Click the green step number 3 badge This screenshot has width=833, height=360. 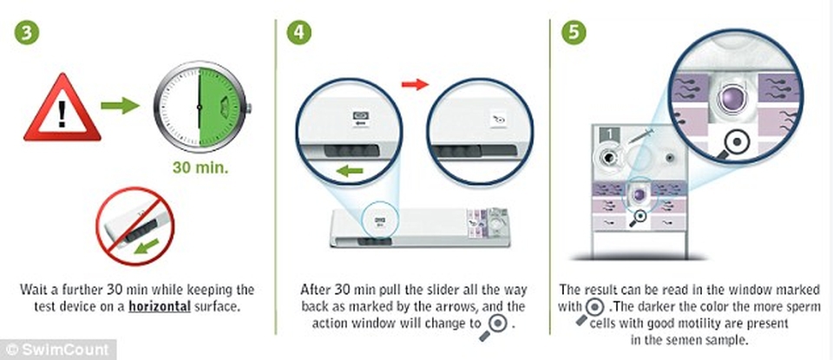27,32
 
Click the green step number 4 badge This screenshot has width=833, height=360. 299,32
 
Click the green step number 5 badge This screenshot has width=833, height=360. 574,32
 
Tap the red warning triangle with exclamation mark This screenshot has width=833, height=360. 62,108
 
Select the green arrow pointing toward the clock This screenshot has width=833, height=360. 120,105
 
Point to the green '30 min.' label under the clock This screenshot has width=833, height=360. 200,168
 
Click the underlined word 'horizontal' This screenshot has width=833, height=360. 160,307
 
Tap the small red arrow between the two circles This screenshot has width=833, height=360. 415,84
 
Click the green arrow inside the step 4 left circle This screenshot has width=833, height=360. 350,171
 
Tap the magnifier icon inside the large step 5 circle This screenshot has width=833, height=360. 733,144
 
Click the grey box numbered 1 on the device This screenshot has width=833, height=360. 608,134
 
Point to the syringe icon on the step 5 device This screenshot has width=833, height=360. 640,135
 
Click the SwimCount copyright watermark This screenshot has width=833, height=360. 58,350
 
